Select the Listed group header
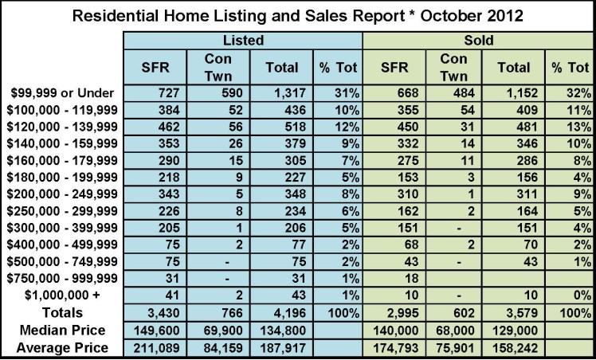[243, 39]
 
